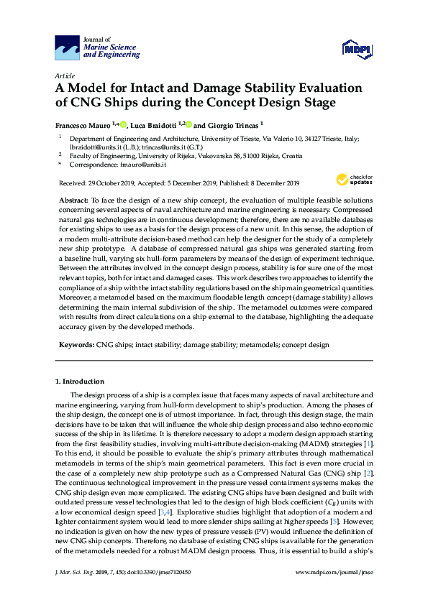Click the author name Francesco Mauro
tap(83, 124)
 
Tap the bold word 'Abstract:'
tap(72, 197)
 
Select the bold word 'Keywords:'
tap(76, 345)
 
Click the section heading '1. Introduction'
tap(80, 381)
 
